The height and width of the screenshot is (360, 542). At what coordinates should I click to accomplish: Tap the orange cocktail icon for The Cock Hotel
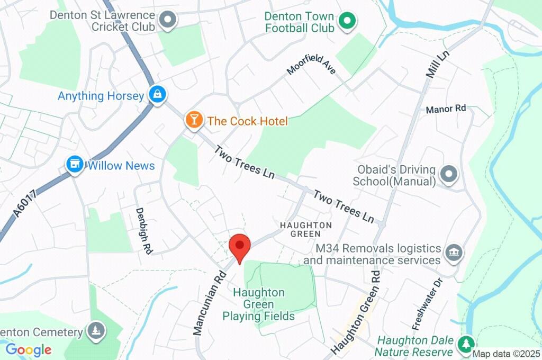coord(194,120)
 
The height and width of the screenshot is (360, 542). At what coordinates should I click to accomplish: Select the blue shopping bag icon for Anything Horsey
coord(157,95)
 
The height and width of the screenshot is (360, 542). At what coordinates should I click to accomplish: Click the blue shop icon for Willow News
coord(75,165)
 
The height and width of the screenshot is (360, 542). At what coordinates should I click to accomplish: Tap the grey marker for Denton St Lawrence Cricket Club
coord(168,20)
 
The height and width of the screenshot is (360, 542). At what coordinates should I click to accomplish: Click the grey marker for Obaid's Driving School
coord(449,174)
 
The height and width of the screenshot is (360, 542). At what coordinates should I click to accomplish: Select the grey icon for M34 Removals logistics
coord(454,253)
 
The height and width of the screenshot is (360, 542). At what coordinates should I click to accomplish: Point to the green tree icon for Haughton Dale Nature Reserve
coord(466,344)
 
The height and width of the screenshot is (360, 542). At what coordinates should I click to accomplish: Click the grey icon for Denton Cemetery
coord(96,331)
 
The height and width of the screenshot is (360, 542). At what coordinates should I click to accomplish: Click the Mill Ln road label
coord(437,63)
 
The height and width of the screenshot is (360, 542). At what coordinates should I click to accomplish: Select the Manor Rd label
coord(446,109)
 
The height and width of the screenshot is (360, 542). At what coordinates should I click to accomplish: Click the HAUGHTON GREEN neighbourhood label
coord(306,229)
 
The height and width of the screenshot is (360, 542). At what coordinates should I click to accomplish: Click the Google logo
coord(29,349)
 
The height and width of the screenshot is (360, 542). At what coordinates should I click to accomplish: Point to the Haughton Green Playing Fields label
coord(259,304)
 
